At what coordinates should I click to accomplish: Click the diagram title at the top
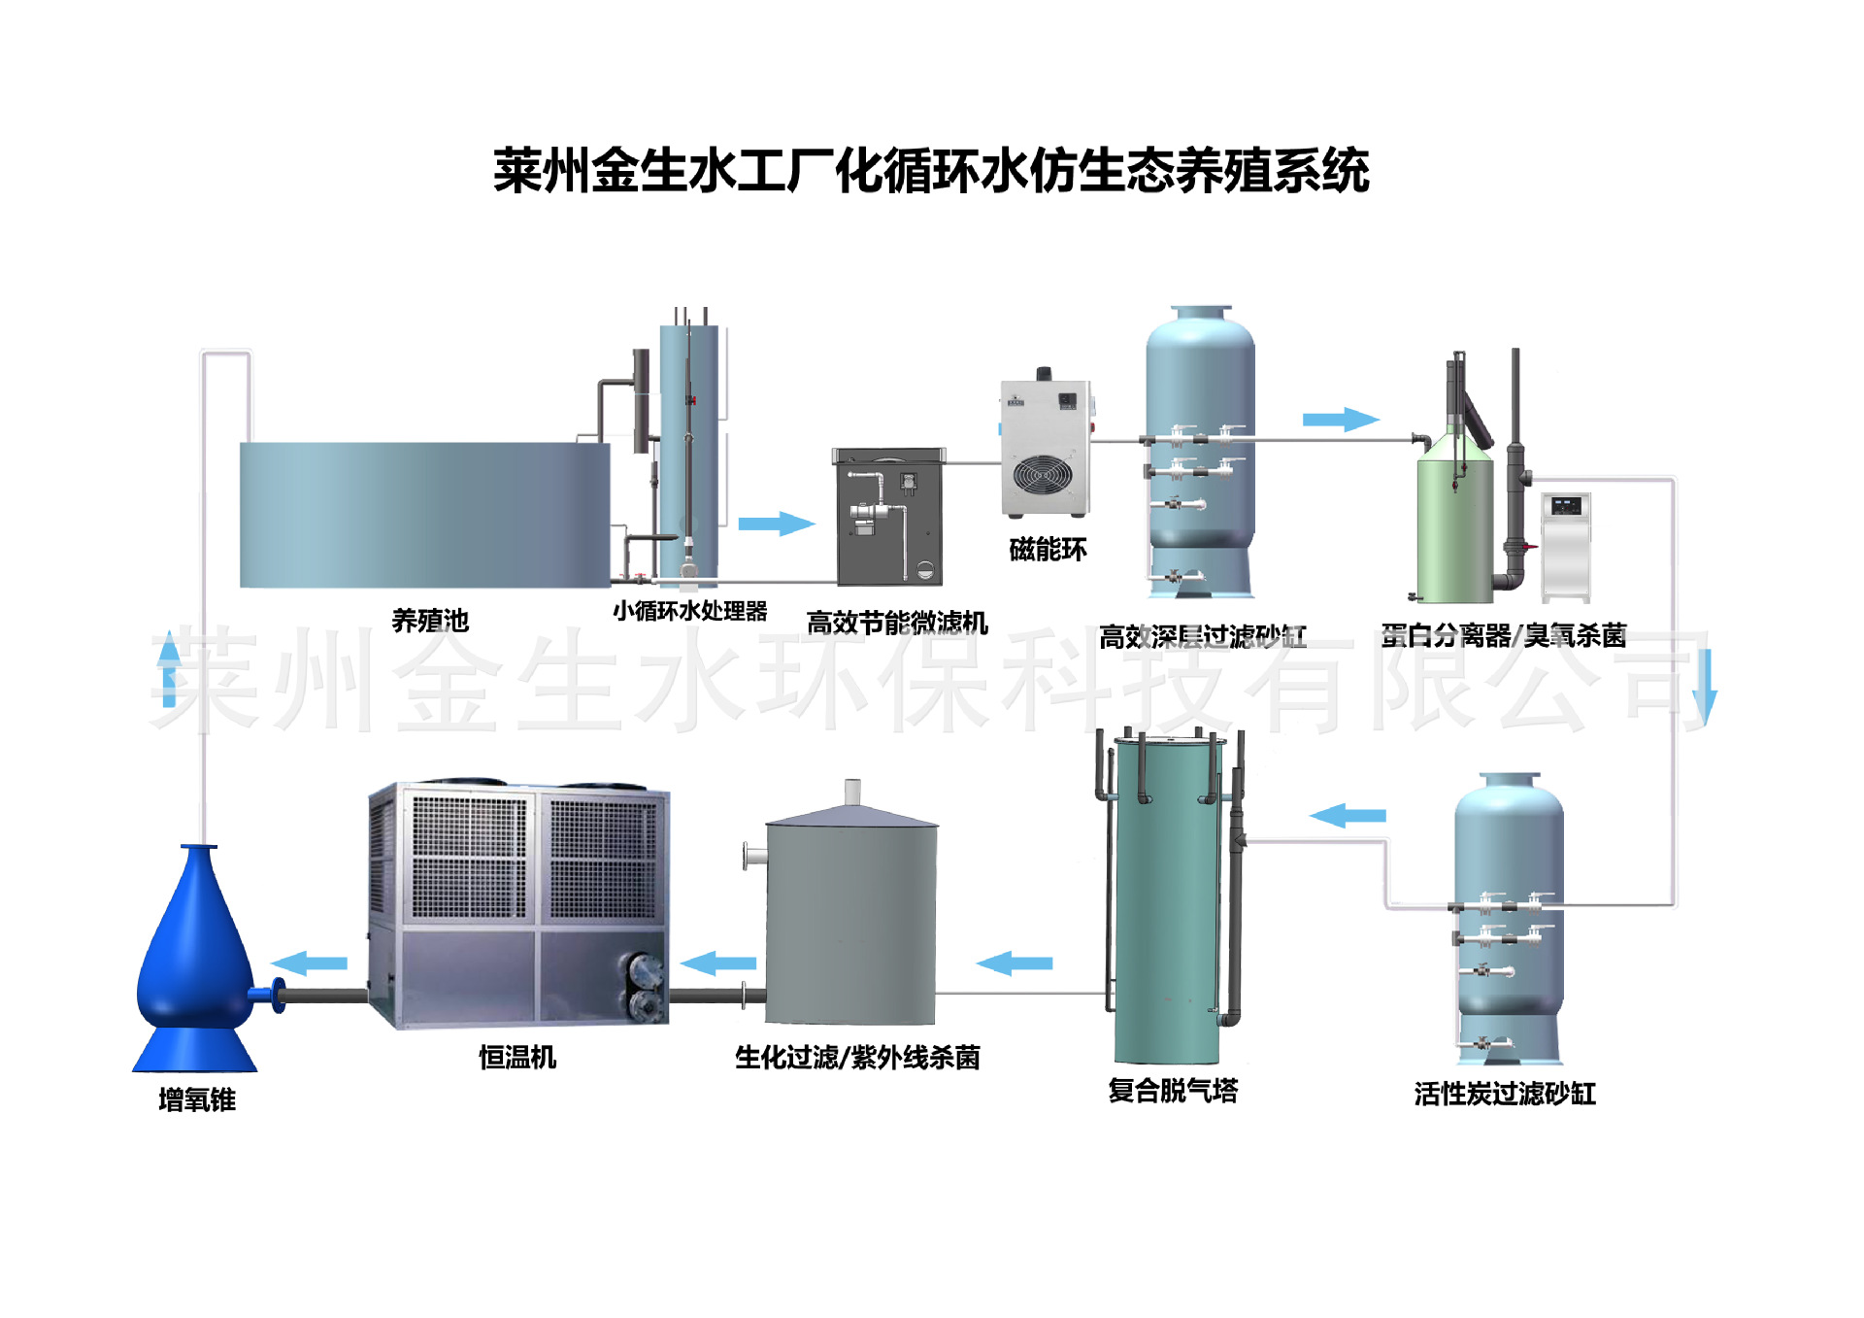[930, 171]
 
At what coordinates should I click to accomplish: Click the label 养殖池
[430, 621]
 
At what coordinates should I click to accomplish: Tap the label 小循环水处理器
[689, 611]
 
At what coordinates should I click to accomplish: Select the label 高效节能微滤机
[897, 623]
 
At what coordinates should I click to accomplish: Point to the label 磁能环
[1048, 550]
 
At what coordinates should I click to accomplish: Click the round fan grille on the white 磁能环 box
[1043, 476]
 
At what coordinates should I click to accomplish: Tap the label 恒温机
[517, 1057]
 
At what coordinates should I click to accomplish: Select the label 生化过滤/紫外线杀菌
[857, 1057]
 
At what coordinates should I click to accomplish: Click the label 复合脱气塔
[1173, 1090]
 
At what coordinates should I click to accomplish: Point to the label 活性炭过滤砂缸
[1505, 1094]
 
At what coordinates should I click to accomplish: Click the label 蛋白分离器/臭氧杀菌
[1503, 636]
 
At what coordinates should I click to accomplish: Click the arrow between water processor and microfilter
[776, 524]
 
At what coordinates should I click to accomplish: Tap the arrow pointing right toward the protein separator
[1340, 420]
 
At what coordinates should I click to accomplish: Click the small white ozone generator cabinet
[1566, 547]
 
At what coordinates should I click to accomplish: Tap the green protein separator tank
[1454, 529]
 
